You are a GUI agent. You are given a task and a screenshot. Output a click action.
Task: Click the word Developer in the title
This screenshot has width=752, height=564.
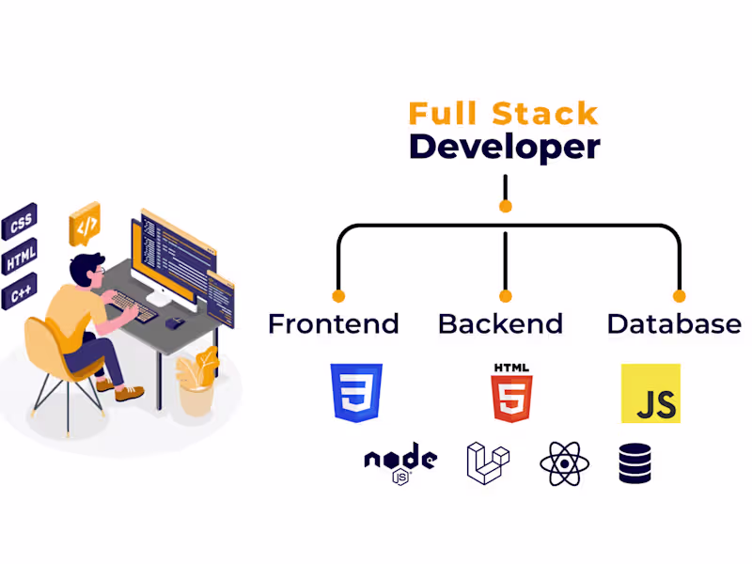coord(504,148)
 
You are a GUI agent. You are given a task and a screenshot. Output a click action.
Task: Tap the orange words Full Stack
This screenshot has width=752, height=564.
coord(503,114)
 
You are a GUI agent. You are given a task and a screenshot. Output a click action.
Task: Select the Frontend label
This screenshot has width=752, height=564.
coord(334,324)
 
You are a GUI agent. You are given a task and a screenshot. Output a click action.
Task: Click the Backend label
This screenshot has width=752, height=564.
coord(500,324)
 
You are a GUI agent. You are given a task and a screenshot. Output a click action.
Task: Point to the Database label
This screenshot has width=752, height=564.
coord(674,324)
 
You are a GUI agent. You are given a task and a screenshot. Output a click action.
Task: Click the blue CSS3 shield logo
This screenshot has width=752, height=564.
coord(356,392)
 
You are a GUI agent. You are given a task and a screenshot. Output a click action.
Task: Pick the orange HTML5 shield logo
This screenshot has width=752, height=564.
coord(511,392)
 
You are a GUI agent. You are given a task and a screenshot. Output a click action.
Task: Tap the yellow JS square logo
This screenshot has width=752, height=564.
coord(650,393)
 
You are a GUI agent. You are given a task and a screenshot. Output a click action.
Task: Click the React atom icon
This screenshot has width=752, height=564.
coord(563,463)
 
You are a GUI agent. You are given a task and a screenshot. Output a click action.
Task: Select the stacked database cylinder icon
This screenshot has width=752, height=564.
coord(634,463)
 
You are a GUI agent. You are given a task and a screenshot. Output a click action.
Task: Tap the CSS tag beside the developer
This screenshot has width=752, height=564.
coord(21,224)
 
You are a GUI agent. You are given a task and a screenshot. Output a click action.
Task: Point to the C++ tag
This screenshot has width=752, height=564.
coord(21,293)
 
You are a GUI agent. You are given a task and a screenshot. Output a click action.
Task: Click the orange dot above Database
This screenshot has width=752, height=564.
coord(680,296)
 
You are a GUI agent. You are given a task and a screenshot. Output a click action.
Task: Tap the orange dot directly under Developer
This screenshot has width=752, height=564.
coord(506,206)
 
